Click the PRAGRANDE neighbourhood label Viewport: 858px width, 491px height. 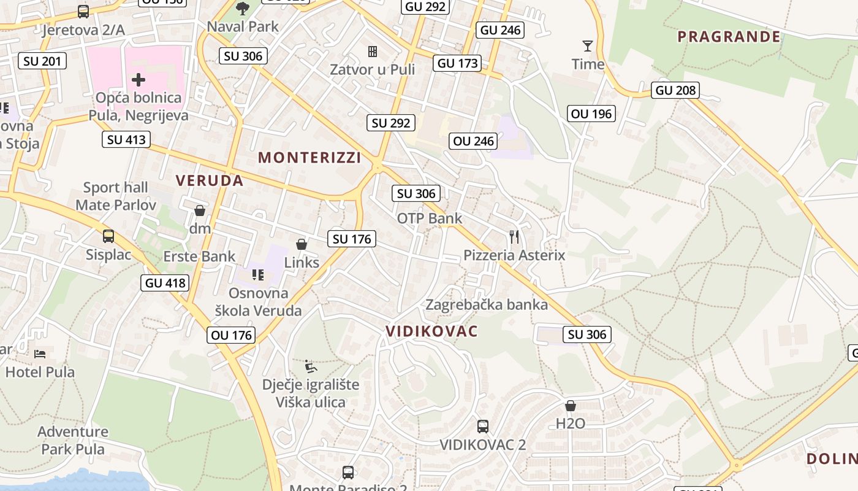[729, 37]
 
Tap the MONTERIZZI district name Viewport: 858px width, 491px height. [309, 158]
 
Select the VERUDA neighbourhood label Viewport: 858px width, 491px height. [210, 180]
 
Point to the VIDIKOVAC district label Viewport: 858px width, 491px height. [431, 331]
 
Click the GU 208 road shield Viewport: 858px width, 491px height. [676, 90]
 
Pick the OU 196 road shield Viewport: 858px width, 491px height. [591, 114]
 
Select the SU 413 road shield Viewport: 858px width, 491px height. [126, 139]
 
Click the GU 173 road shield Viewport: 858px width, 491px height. [457, 63]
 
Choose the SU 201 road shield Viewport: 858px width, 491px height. [42, 61]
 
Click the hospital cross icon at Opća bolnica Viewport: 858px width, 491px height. [139, 79]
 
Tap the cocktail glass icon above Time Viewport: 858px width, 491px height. [588, 46]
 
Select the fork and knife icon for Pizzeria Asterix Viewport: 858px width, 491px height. [514, 237]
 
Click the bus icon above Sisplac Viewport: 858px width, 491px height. [108, 236]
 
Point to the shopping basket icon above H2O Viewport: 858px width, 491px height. [570, 406]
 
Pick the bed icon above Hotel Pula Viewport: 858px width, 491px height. [40, 354]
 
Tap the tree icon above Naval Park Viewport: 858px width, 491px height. [243, 9]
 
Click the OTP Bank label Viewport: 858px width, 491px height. [430, 218]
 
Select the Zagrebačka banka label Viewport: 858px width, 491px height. [487, 304]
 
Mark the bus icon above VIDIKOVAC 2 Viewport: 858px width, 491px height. [483, 426]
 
